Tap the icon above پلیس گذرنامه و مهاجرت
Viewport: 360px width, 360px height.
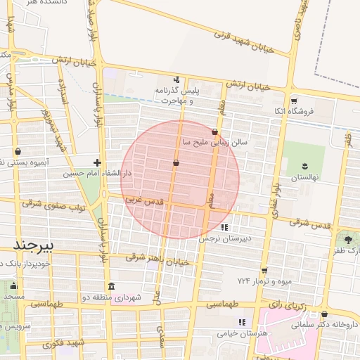(176, 79)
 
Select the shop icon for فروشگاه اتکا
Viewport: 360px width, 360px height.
(294, 101)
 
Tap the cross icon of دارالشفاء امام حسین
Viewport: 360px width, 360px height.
(97, 162)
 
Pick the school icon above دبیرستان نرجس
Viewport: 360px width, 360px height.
(224, 227)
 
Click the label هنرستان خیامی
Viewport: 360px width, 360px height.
(243, 334)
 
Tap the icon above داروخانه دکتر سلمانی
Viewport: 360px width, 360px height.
(324, 314)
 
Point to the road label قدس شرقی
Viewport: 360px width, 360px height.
(311, 224)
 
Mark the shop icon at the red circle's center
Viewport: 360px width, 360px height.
(175, 163)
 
